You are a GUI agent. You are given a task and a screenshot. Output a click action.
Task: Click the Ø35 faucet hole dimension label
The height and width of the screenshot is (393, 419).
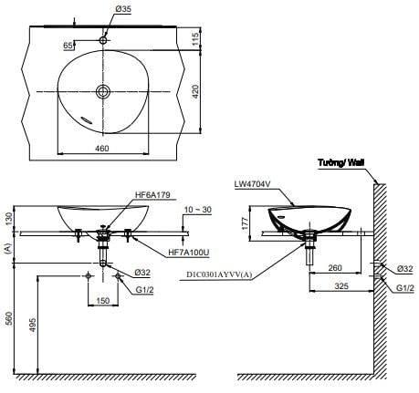point(123,9)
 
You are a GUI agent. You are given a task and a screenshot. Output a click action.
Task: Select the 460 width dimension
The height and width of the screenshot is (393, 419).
point(102,149)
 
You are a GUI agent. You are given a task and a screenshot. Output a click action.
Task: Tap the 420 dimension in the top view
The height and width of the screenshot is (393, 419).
point(195,91)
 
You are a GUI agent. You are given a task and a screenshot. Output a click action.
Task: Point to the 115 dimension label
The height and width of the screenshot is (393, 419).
point(195,38)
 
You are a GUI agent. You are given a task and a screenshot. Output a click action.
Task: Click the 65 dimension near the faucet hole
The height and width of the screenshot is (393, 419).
point(68,46)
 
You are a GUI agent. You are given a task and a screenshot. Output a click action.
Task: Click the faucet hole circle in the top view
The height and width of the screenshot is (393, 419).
point(103,40)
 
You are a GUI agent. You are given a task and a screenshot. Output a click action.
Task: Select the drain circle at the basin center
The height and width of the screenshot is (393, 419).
point(103,91)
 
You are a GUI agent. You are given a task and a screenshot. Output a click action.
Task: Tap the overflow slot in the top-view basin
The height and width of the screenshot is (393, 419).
point(87,119)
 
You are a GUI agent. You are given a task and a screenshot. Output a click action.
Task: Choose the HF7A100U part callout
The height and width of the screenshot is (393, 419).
point(189,253)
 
